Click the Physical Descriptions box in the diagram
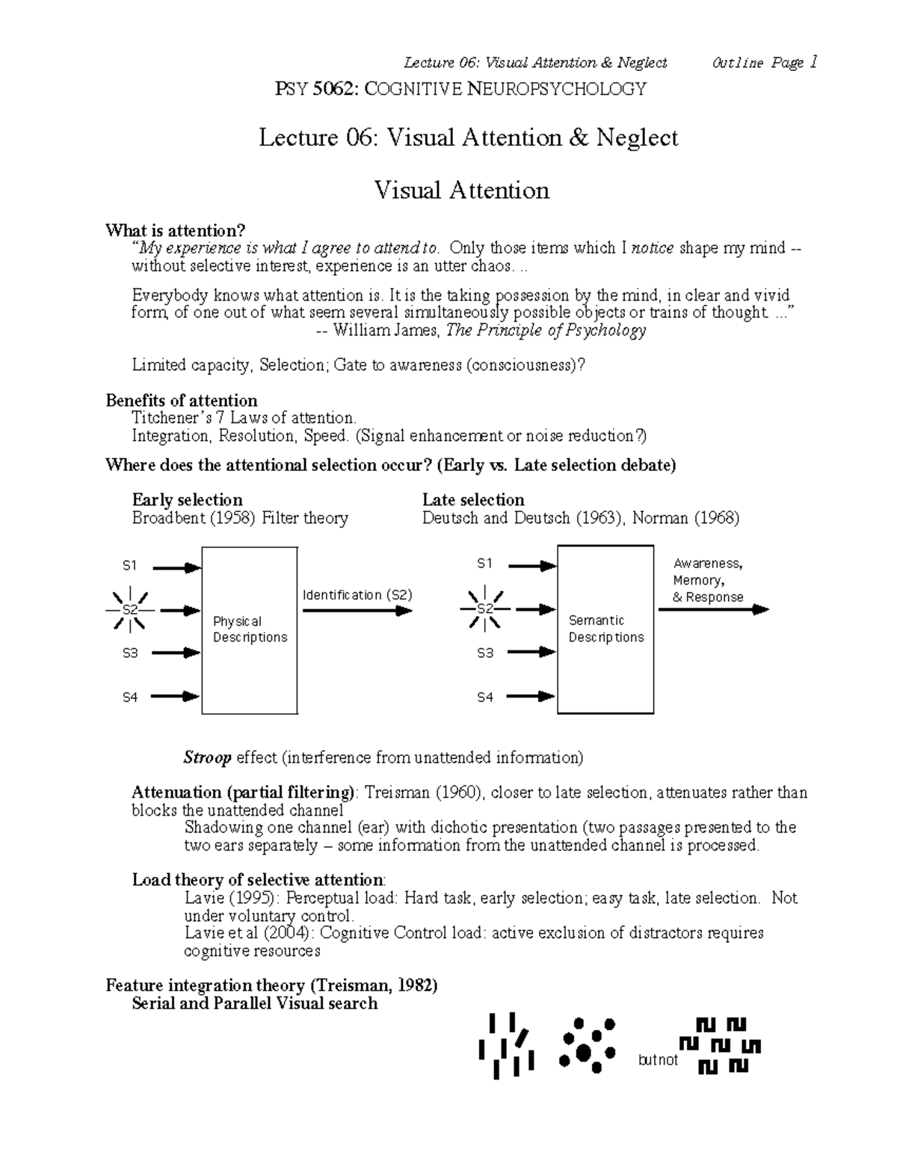tap(250, 629)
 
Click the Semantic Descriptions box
tap(605, 629)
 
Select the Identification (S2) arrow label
tap(357, 595)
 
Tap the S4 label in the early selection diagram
tap(130, 697)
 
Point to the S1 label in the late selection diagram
tap(485, 563)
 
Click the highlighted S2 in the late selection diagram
tap(486, 609)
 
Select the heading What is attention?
tap(175, 230)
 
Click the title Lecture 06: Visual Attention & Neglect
tap(468, 138)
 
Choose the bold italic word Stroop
tap(207, 758)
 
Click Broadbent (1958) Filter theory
tap(239, 518)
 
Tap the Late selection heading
tap(472, 499)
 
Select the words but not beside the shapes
tap(658, 1060)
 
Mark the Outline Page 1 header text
tap(765, 63)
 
